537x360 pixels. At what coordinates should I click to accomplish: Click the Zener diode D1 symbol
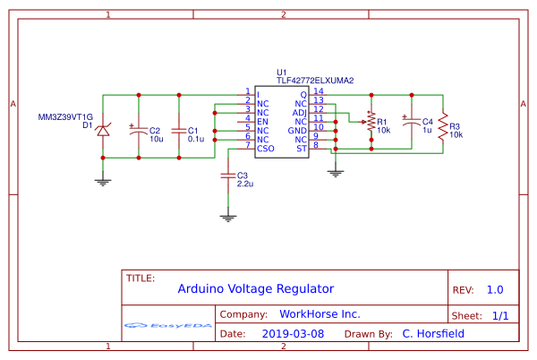pyautogui.click(x=103, y=131)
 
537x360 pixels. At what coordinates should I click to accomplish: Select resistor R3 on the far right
pyautogui.click(x=442, y=125)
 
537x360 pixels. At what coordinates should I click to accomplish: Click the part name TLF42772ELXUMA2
pyautogui.click(x=315, y=81)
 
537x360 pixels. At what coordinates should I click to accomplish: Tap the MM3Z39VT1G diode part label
pyautogui.click(x=65, y=116)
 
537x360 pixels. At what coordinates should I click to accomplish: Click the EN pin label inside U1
pyautogui.click(x=262, y=121)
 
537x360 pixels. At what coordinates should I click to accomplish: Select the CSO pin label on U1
pyautogui.click(x=265, y=149)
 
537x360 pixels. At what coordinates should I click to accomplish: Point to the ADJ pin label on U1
pyautogui.click(x=301, y=112)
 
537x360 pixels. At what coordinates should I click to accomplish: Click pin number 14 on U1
pyautogui.click(x=319, y=91)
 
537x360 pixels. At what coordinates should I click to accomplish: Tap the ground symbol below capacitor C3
pyautogui.click(x=228, y=216)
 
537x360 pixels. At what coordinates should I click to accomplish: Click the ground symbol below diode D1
pyautogui.click(x=103, y=181)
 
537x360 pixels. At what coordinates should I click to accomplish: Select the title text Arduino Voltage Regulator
pyautogui.click(x=255, y=288)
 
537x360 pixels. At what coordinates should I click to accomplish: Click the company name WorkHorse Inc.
pyautogui.click(x=320, y=314)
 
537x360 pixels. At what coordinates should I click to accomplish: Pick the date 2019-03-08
pyautogui.click(x=293, y=333)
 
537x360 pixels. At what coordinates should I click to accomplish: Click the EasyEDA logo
pyautogui.click(x=167, y=324)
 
